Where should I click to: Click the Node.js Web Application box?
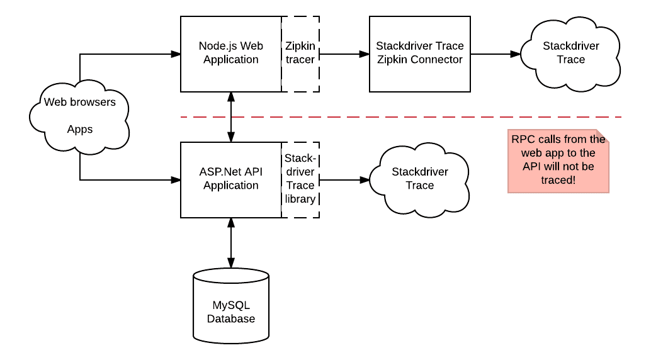pos(230,53)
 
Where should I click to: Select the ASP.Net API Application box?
pos(230,179)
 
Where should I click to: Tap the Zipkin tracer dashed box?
pos(300,53)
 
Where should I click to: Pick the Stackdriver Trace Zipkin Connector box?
pos(419,53)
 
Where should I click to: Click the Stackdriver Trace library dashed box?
pos(300,179)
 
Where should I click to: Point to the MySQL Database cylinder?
pos(231,305)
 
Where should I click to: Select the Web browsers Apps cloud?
pos(80,115)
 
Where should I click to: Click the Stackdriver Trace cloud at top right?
pos(570,53)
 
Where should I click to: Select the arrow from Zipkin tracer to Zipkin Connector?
pos(344,54)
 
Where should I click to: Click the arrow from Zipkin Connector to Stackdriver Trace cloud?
pos(495,54)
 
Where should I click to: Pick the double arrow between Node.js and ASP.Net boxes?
pos(231,116)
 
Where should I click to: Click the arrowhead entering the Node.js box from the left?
pos(176,54)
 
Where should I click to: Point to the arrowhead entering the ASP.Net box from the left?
pos(176,180)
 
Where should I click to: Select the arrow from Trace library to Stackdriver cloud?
pos(344,180)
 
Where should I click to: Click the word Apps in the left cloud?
pos(80,130)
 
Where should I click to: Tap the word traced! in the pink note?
pos(558,180)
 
